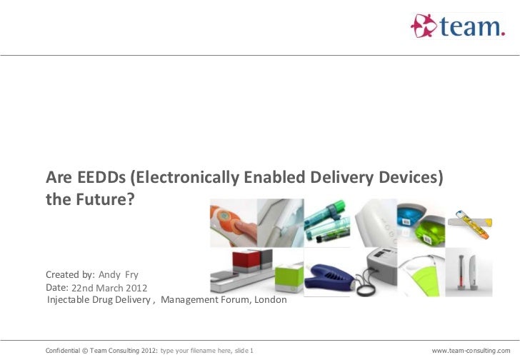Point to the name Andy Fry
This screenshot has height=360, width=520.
coord(119,275)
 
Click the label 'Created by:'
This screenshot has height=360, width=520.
coord(70,275)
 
